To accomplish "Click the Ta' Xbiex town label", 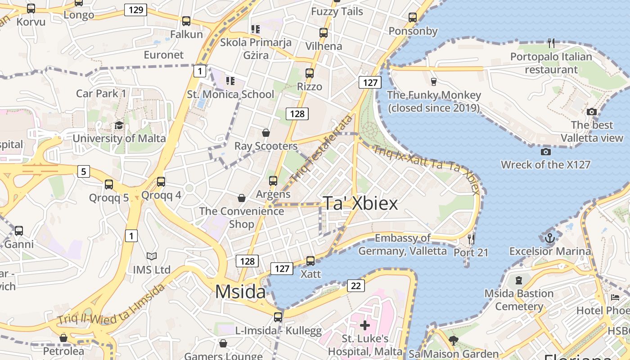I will point(360,203).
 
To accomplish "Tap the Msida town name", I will point(240,292).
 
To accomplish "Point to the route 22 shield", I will point(355,286).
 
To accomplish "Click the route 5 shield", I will point(83,171).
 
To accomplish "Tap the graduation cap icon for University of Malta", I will point(119,125).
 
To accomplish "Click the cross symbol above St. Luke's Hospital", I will point(365,325).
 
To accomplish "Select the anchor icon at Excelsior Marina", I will point(549,238).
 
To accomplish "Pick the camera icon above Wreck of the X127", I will point(546,152).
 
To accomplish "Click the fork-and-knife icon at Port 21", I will point(471,239).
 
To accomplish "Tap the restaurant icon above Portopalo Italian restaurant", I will point(551,43).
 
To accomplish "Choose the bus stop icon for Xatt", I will point(310,261).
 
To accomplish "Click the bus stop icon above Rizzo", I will point(310,73).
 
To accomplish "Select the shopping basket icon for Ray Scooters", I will point(266,133).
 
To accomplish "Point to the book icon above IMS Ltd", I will point(152,256).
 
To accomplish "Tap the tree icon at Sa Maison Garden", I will point(454,341).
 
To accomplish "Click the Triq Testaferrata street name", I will point(321,149).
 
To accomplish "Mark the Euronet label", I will point(164,55).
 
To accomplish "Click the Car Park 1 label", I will point(101,94).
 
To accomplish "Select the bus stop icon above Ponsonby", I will point(413,18).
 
